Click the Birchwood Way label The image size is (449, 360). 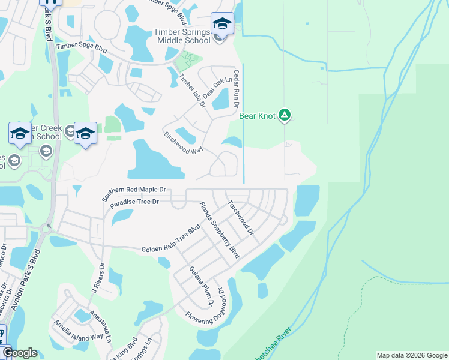click(x=183, y=143)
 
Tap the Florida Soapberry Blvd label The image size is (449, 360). click(x=219, y=230)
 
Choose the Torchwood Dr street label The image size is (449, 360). click(x=241, y=217)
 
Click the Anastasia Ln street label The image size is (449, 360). click(x=101, y=326)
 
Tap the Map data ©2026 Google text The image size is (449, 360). click(x=411, y=355)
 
